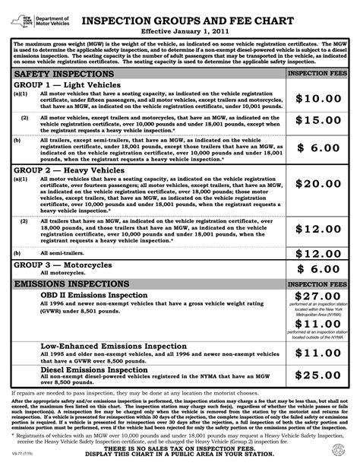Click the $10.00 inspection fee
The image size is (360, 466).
coord(319,99)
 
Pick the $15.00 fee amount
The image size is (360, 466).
coord(319,120)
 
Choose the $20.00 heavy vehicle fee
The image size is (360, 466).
coord(319,184)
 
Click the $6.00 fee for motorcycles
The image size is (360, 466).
coord(319,268)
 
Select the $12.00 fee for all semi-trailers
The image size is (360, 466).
coord(319,253)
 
